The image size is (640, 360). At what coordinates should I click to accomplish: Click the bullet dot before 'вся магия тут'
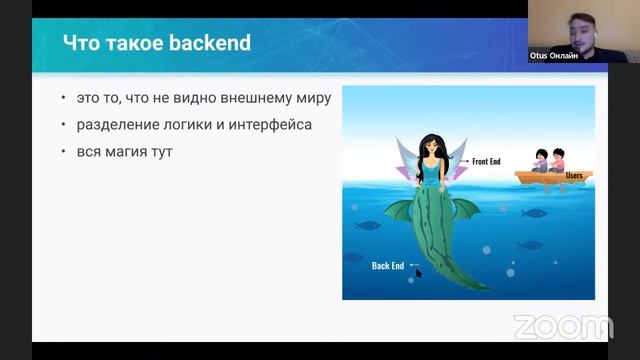(64, 152)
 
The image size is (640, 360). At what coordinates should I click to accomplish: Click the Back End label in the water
(387, 265)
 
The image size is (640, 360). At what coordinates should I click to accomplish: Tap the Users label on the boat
(574, 175)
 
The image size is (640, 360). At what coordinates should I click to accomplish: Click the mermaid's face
(433, 151)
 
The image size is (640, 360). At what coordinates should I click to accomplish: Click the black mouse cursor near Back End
(419, 272)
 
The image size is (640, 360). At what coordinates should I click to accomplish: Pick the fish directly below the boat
(535, 212)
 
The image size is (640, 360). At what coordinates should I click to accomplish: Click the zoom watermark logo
(563, 327)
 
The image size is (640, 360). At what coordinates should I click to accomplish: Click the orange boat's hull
(555, 180)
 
